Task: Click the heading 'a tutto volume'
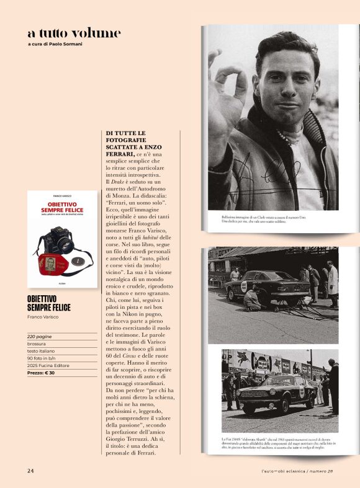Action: tap(74, 33)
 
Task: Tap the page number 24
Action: tap(30, 471)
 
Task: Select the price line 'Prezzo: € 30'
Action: tap(41, 373)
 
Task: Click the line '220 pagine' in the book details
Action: tap(40, 335)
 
